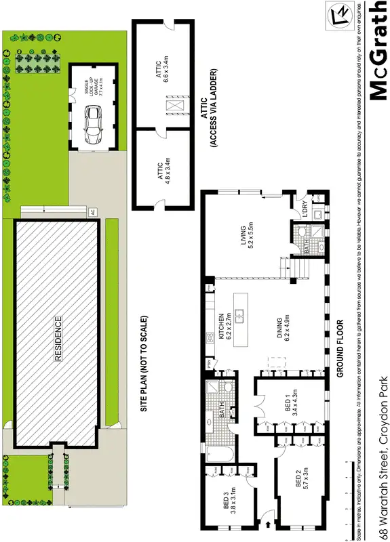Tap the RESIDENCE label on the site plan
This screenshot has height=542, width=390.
pyautogui.click(x=58, y=338)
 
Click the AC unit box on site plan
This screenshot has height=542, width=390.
pyautogui.click(x=92, y=213)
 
